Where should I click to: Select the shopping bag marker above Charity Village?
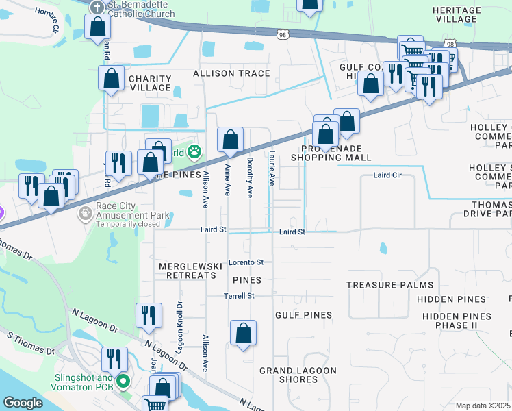click(111, 78)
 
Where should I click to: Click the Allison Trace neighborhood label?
click(231, 73)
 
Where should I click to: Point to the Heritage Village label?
click(456, 14)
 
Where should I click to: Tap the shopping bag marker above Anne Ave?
click(231, 140)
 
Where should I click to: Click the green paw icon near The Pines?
click(195, 150)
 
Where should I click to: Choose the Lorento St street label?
click(245, 262)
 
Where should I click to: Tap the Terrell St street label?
click(239, 296)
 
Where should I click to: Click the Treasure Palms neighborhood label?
click(389, 285)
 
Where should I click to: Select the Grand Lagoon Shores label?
click(298, 375)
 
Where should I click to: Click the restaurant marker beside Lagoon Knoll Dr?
click(149, 316)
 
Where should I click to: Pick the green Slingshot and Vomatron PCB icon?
click(123, 381)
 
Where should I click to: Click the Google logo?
click(23, 403)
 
